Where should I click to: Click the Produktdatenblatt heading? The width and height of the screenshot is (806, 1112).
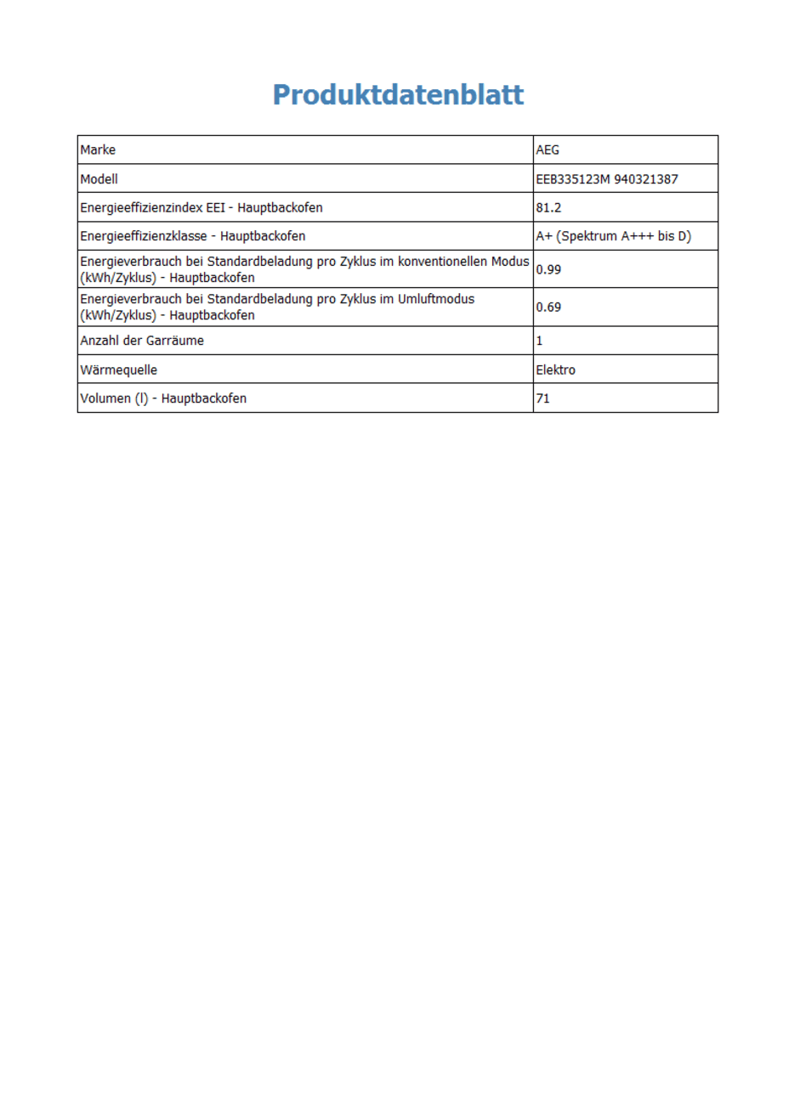pos(398,94)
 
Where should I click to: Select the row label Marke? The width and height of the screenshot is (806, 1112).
pos(98,150)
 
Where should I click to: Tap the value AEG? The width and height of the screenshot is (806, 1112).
pos(548,150)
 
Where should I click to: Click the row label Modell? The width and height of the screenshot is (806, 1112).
pos(99,178)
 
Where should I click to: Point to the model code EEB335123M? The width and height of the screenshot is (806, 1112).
pos(573,178)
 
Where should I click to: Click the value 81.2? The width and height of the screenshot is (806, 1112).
pos(548,207)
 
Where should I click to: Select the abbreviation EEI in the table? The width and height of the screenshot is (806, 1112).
pos(216,207)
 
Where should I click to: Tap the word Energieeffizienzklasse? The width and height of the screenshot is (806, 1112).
pos(144,236)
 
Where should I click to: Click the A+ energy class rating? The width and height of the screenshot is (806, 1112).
pos(544,236)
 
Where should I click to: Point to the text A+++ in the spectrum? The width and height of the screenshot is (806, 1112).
pos(637,236)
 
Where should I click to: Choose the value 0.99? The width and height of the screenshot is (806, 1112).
pos(548,269)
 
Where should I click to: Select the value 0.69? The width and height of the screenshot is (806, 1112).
pos(548,307)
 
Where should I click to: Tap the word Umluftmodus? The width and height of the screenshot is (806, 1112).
pos(435,299)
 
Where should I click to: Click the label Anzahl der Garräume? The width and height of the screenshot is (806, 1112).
pos(142,341)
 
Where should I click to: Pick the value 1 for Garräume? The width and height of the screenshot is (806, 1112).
pos(539,341)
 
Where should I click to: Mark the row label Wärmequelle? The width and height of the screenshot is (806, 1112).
pos(118,370)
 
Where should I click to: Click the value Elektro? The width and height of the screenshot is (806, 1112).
pos(555,370)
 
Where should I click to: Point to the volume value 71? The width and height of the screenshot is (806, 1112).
pos(542,398)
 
